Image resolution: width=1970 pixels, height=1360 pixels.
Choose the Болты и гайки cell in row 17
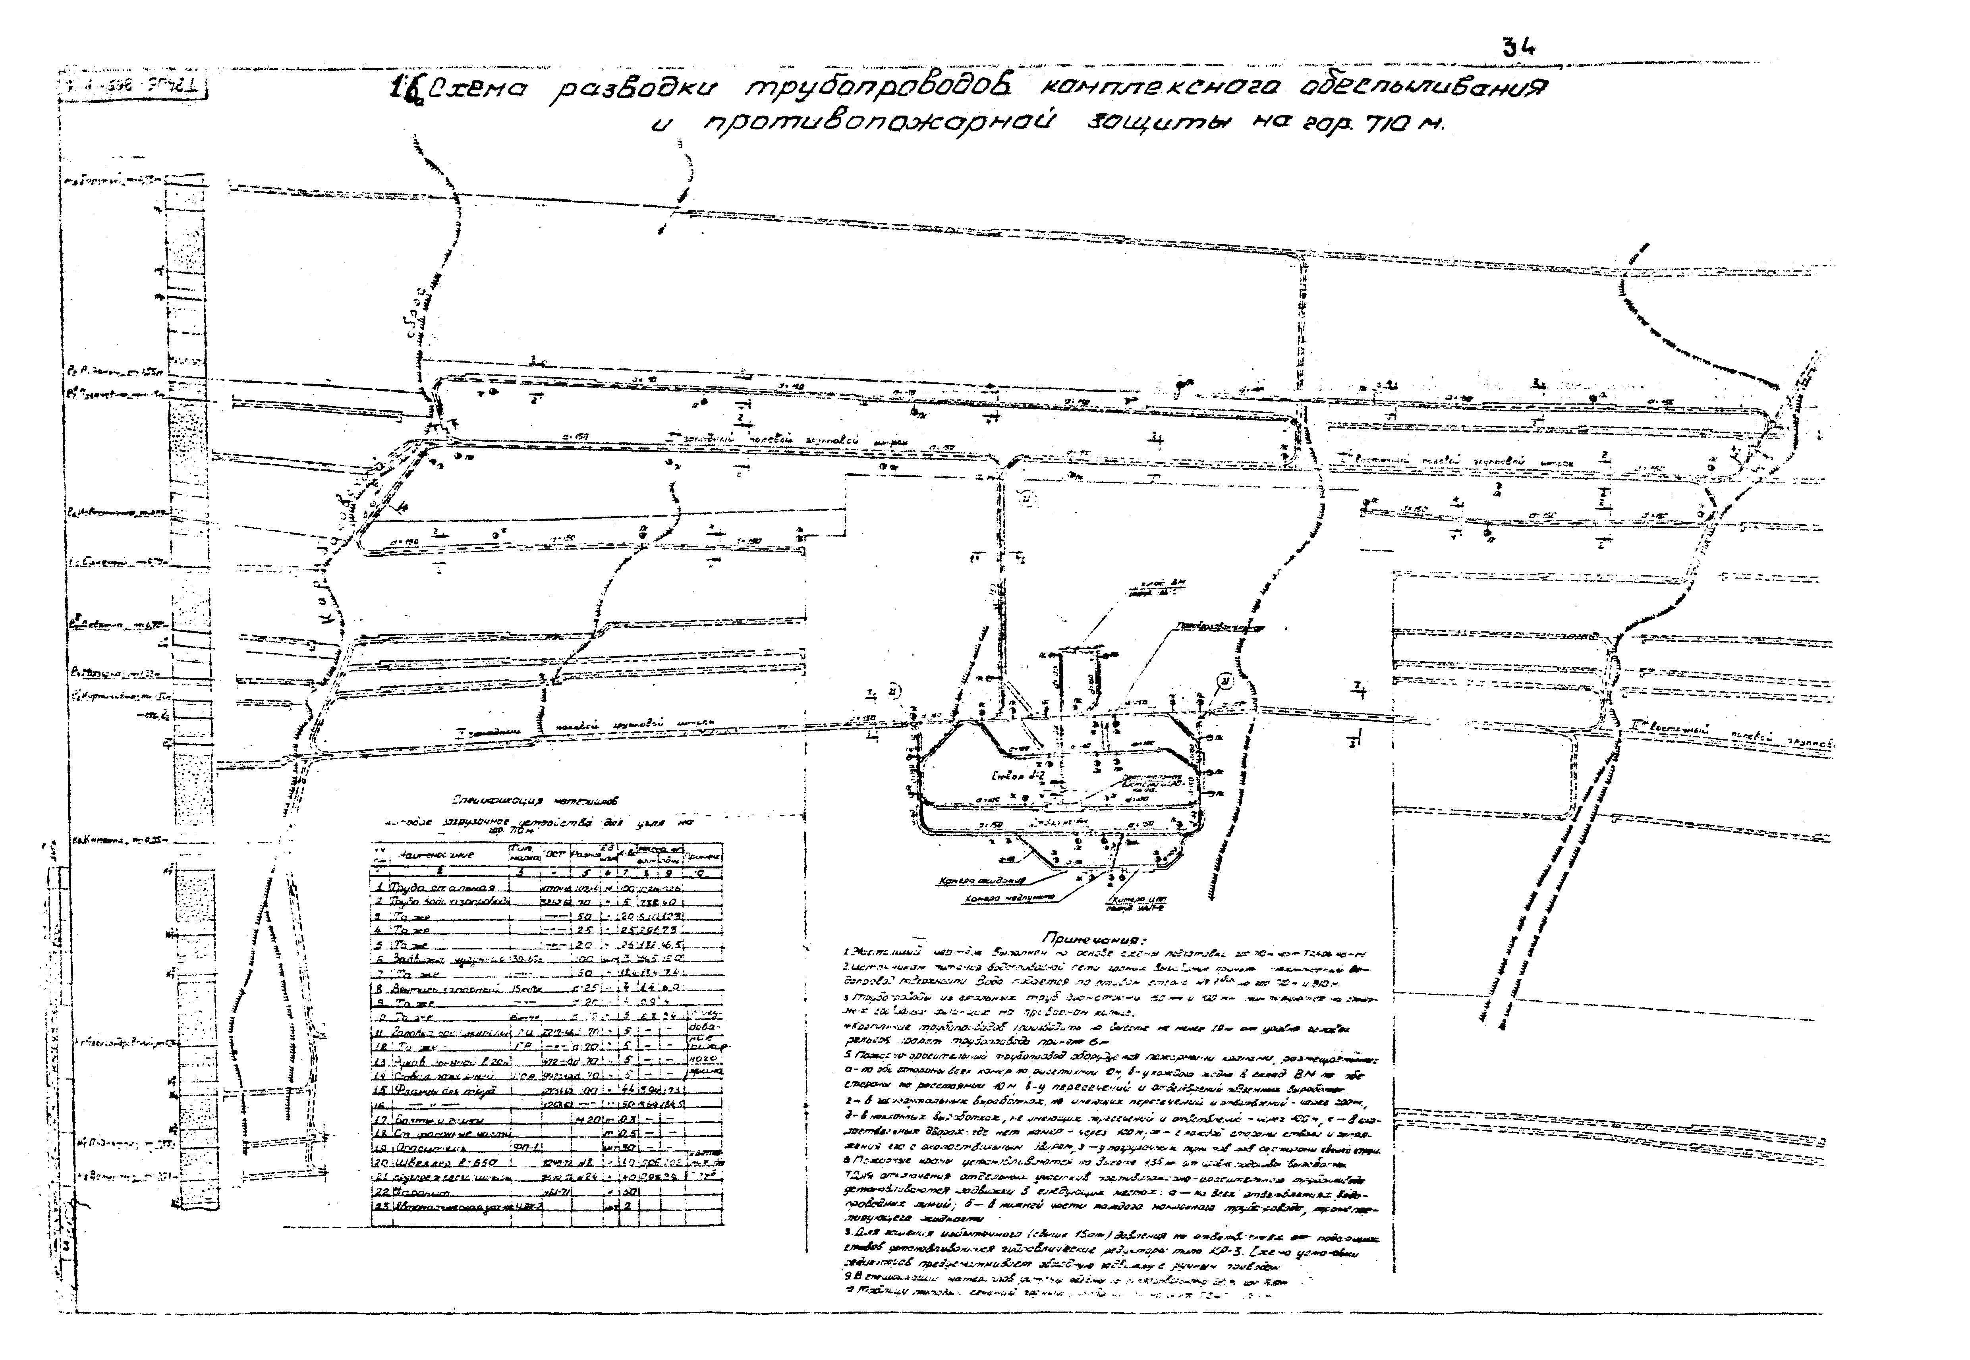[430, 1119]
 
